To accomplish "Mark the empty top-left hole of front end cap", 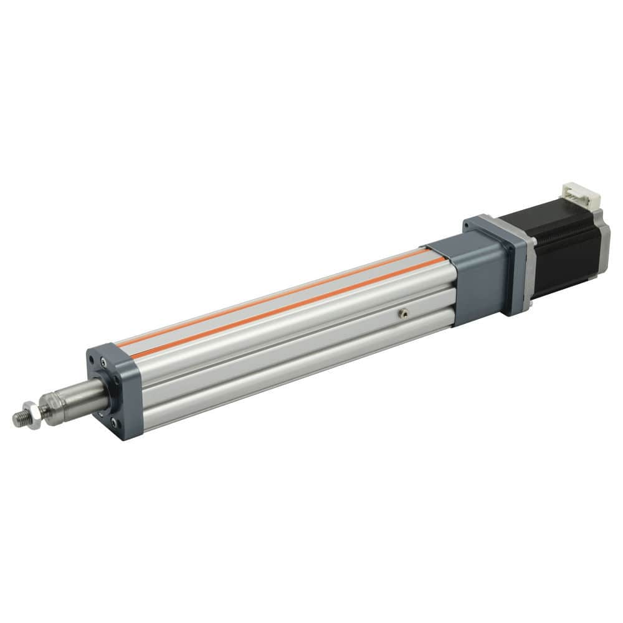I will click(x=93, y=360).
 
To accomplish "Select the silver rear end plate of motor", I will click(x=603, y=237).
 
